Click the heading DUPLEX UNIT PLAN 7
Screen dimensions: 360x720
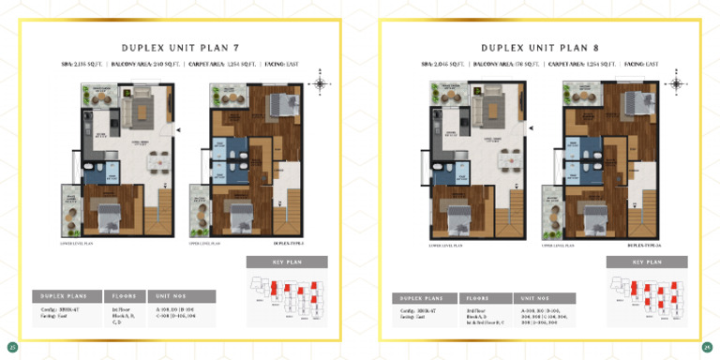pos(179,47)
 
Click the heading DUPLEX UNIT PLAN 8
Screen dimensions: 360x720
pos(539,47)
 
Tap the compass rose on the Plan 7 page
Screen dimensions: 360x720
pos(321,84)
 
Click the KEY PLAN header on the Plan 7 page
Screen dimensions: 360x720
pos(287,262)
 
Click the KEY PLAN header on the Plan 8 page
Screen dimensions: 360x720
pos(647,262)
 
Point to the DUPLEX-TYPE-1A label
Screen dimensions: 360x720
pos(645,246)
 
